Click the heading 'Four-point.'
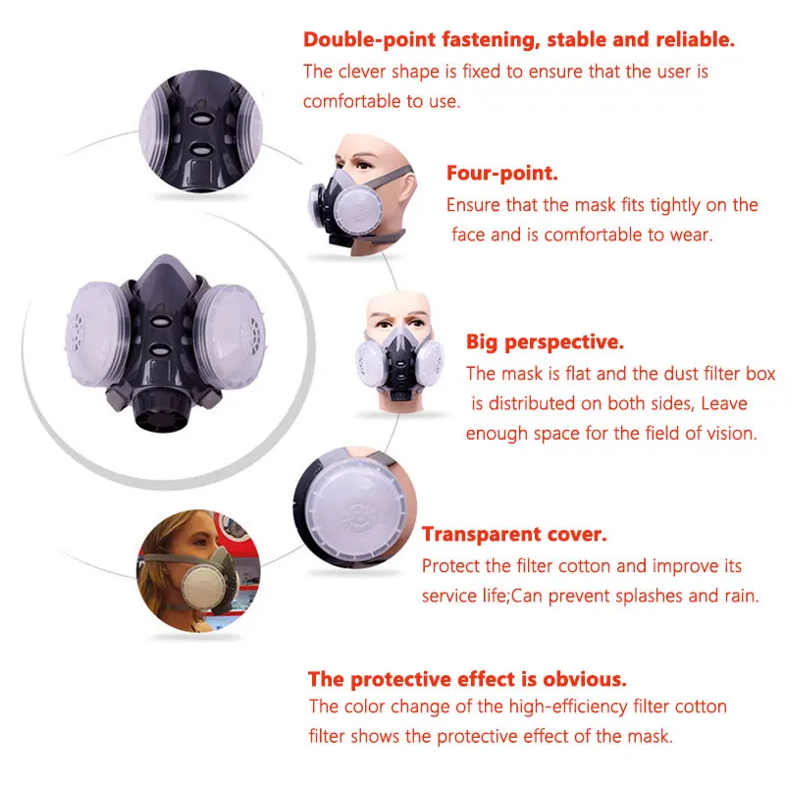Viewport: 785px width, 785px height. coord(501,174)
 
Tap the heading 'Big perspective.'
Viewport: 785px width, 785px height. coord(545,342)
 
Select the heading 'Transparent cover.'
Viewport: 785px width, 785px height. coord(514,534)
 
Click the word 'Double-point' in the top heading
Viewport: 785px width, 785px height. coord(369,40)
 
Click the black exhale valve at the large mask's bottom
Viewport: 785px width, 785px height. coord(162,408)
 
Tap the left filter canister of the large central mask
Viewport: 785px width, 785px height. coord(97,334)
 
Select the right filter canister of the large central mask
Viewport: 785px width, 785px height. coord(230,337)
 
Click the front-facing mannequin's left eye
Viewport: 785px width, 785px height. coord(384,325)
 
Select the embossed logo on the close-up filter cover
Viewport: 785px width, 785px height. coord(358,514)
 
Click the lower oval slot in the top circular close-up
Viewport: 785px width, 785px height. coord(201,149)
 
